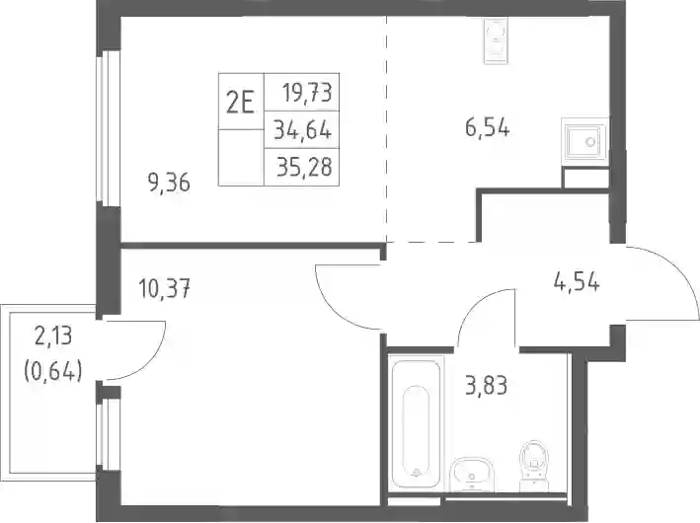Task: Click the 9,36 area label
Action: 169,183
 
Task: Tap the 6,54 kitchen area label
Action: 487,128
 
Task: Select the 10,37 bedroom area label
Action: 165,288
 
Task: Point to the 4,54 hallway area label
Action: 577,282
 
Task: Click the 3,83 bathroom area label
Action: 486,386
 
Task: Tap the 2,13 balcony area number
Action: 53,336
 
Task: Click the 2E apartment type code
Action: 240,105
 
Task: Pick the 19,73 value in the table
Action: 307,94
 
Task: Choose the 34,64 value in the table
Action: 303,130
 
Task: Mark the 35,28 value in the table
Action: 304,168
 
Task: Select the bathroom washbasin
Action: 471,475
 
